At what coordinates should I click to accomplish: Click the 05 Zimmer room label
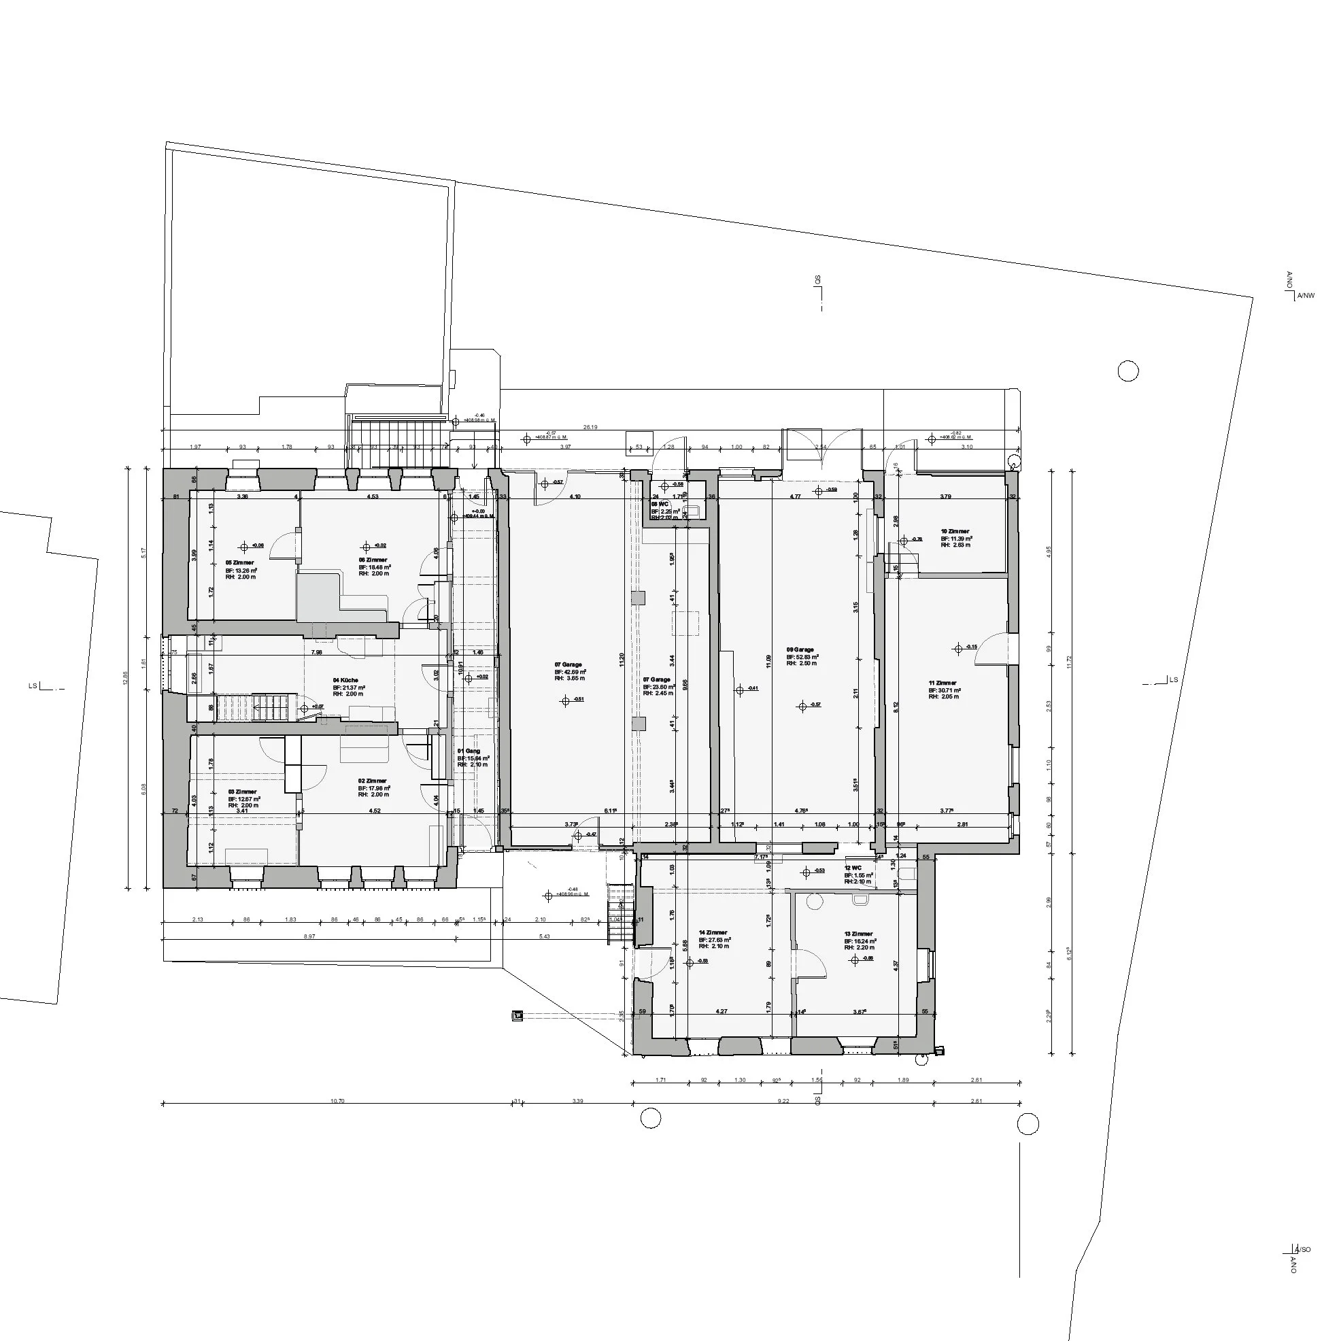point(239,563)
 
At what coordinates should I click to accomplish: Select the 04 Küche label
point(345,680)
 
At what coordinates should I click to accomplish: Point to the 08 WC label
point(660,504)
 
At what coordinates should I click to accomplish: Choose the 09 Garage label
point(800,650)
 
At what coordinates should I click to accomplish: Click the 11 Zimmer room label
point(943,683)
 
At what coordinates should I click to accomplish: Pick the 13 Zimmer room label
point(859,934)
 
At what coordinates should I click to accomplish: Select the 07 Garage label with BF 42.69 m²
point(568,665)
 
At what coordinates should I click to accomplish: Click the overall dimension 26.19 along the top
point(590,428)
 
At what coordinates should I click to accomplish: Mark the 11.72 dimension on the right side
point(1070,663)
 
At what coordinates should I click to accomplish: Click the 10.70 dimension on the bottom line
point(337,1101)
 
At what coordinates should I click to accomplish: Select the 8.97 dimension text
point(309,936)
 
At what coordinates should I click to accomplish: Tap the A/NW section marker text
point(1306,296)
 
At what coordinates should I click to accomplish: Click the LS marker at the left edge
point(33,686)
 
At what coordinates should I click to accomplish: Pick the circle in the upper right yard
point(1128,371)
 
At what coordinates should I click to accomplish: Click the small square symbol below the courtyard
point(517,1016)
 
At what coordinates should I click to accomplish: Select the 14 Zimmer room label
point(713,933)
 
